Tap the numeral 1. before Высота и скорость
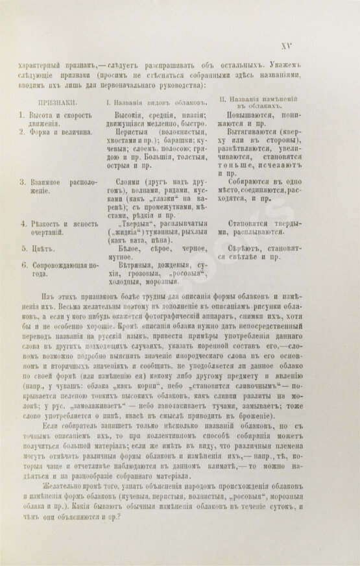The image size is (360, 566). tap(21, 114)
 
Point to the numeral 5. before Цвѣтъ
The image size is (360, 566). tap(21, 247)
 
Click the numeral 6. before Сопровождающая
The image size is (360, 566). tap(21, 265)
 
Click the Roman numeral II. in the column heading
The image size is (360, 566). tap(225, 98)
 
